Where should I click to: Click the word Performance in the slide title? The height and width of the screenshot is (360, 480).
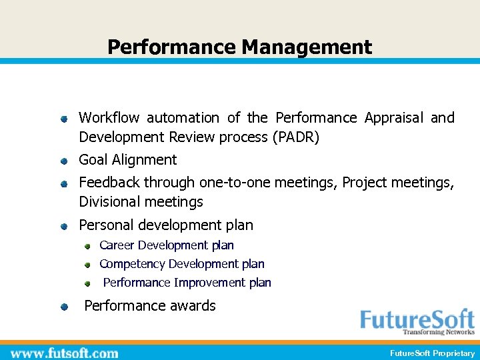coord(171,47)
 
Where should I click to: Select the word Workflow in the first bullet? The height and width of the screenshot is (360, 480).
coord(109,118)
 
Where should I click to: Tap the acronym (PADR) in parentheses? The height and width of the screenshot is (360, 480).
coord(295,137)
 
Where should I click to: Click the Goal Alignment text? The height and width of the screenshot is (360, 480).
coord(128,160)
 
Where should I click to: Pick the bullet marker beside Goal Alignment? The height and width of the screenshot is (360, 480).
coord(63,161)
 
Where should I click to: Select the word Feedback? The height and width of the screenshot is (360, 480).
coord(109,182)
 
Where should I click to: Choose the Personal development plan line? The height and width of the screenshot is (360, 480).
coord(166,225)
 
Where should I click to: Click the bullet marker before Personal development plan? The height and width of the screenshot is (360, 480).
coord(63,227)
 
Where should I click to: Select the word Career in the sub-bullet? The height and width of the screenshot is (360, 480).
coord(117,245)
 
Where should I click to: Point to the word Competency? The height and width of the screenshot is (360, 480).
coord(132,264)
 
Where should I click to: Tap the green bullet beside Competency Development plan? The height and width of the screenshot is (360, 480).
coord(87,265)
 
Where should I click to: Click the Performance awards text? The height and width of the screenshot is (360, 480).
coord(150,306)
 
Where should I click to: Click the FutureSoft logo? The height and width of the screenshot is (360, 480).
coord(417,322)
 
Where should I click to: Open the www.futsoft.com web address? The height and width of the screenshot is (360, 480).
coord(65,353)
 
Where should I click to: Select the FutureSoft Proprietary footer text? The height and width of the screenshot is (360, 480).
coord(432,353)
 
